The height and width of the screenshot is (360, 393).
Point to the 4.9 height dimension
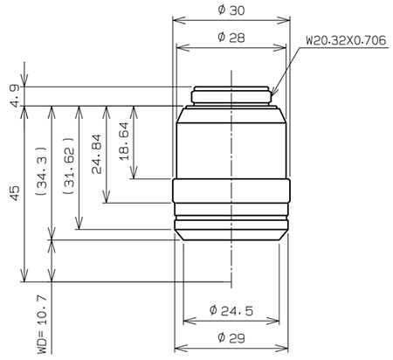point(12,96)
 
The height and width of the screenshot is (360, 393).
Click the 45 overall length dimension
point(12,193)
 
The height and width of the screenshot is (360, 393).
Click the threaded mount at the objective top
point(231,95)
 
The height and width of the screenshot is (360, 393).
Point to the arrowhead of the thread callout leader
point(273,93)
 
